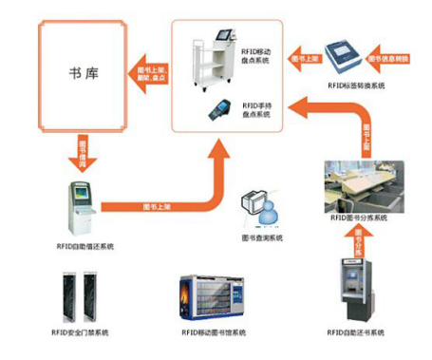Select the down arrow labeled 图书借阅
coord(80,149)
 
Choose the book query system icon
coord(260,205)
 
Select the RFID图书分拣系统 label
coord(360,218)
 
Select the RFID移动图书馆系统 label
coord(214,332)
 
